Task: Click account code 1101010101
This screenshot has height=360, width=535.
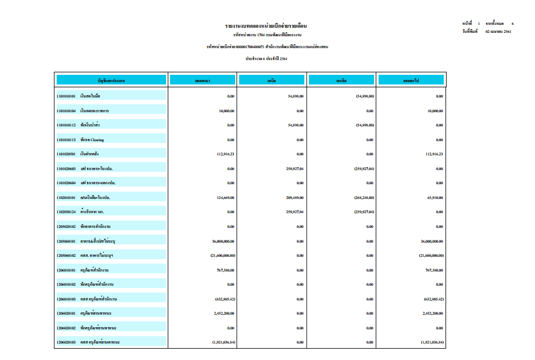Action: (66, 96)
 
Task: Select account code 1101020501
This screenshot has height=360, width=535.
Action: (66, 154)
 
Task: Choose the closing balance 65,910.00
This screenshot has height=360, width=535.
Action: (434, 197)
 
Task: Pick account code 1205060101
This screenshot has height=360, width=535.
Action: (66, 241)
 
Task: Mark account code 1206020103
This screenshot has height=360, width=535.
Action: (66, 342)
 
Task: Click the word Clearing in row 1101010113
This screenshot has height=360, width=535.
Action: (97, 140)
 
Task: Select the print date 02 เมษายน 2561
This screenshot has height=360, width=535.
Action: (494, 32)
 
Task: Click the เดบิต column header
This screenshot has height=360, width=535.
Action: (272, 81)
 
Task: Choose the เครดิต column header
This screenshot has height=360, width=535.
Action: (341, 81)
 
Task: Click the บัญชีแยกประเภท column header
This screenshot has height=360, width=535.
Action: (111, 81)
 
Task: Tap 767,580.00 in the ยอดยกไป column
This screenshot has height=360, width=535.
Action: (434, 270)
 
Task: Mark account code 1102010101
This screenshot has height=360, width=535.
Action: (66, 197)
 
